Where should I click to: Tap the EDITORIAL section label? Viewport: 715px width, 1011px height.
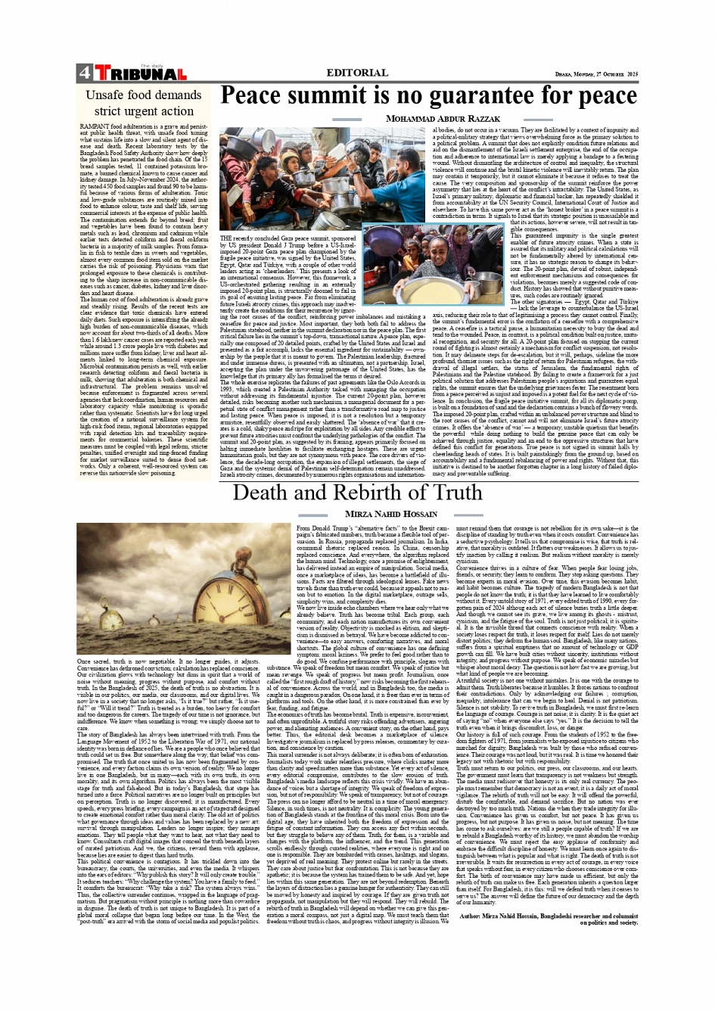(357, 73)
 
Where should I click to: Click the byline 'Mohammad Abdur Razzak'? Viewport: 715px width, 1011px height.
(443, 119)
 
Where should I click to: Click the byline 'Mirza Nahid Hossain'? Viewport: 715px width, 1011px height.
(409, 514)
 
